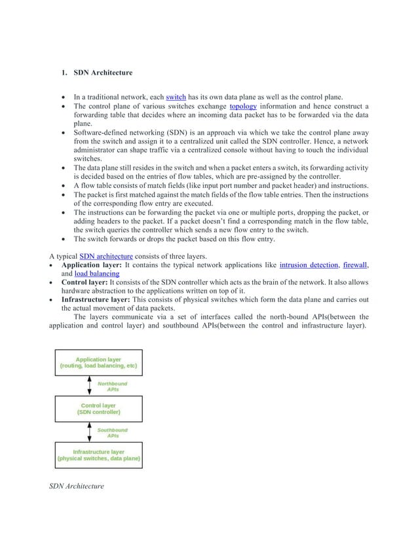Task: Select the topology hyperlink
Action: coord(242,106)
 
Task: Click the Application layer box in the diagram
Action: coord(98,363)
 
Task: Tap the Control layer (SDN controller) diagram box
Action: coord(98,409)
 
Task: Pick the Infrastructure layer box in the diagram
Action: coord(98,455)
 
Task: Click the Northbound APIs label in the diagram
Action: coord(113,386)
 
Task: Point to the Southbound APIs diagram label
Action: coord(113,432)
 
